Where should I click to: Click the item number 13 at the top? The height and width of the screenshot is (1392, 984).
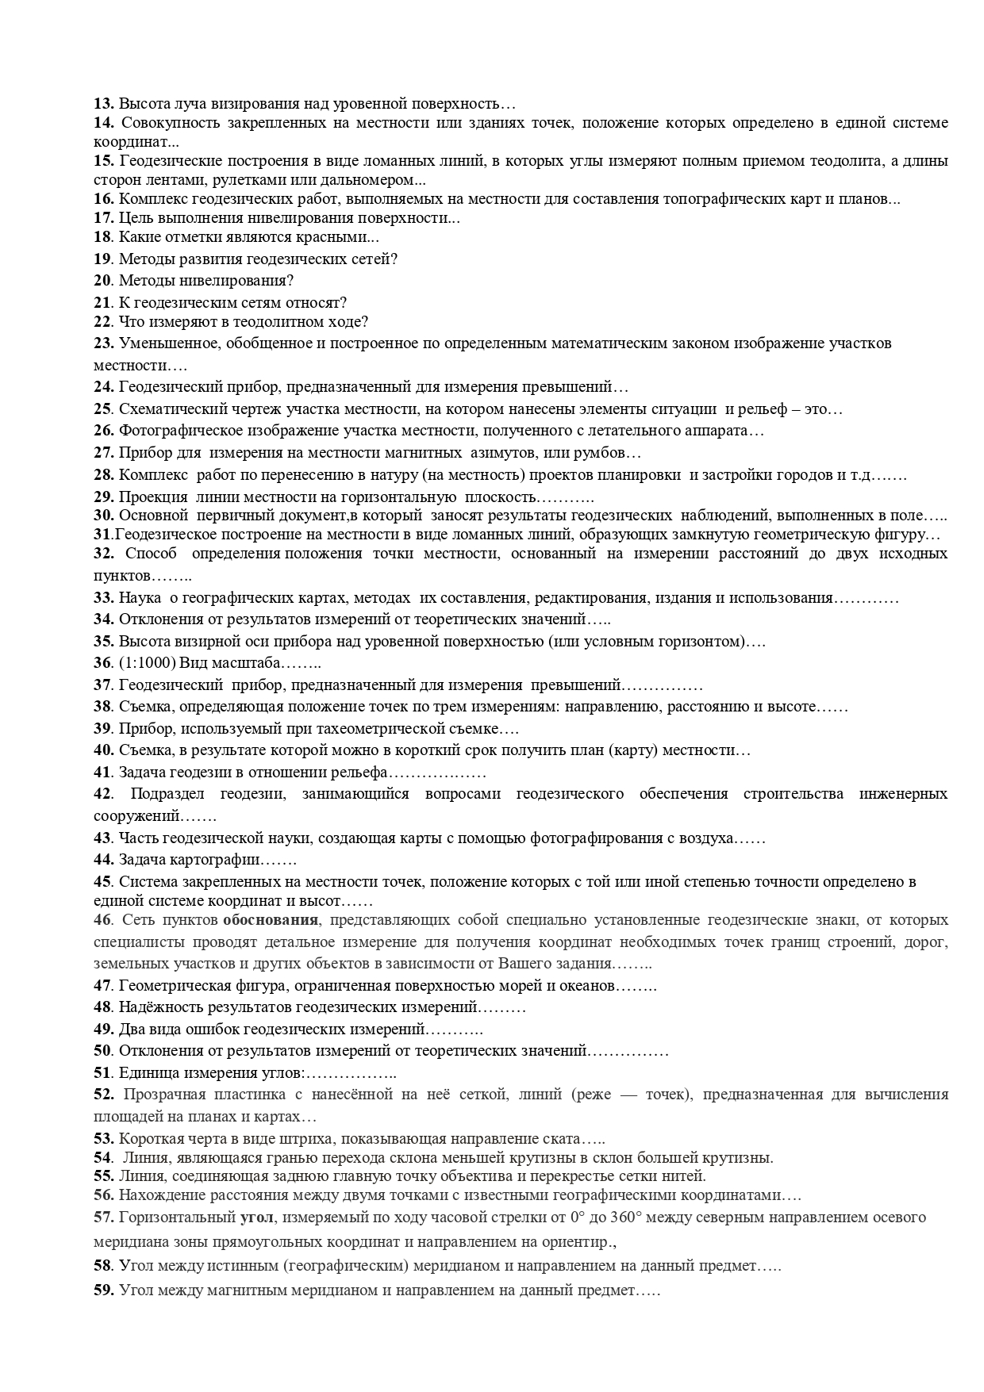click(104, 103)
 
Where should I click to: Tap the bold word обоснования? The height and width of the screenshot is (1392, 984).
click(271, 920)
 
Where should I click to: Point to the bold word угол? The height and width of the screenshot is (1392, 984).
click(257, 1218)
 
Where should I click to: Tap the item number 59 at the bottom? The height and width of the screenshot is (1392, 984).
click(104, 1290)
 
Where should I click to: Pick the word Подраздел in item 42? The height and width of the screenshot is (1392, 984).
click(167, 794)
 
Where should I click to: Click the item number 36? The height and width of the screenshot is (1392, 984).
click(102, 663)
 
